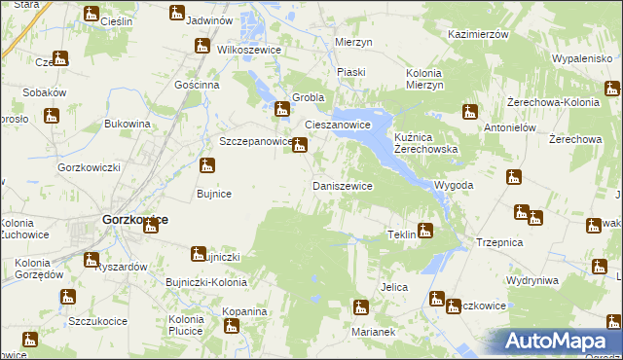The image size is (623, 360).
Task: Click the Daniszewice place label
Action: coord(342,185)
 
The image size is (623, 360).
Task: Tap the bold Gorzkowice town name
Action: coord(134,220)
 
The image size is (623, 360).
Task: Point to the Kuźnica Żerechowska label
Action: coord(426,145)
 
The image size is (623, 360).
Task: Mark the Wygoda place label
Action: coord(455,185)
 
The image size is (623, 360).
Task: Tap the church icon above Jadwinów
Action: coord(176,13)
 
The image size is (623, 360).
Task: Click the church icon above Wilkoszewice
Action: coord(202,45)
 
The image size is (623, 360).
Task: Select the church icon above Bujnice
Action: coord(207,166)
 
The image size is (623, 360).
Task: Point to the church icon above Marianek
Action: coord(361,308)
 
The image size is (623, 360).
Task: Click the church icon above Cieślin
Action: coord(92,14)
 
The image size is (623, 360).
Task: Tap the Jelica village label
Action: coord(393,287)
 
